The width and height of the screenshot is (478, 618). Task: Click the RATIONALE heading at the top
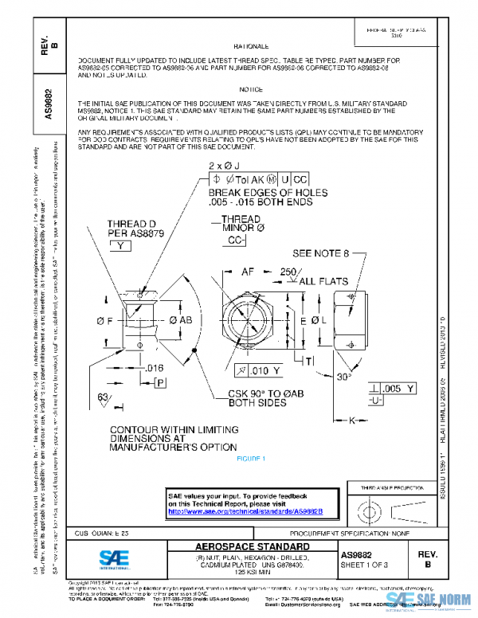pos(252,48)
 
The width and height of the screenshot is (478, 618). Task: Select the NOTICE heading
pos(252,90)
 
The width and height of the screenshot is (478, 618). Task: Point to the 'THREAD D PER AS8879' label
pos(124,229)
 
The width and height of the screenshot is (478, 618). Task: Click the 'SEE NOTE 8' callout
pos(321,254)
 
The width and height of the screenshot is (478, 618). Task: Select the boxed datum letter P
pos(159,382)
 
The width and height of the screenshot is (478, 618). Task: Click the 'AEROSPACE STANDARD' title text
pos(253,546)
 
